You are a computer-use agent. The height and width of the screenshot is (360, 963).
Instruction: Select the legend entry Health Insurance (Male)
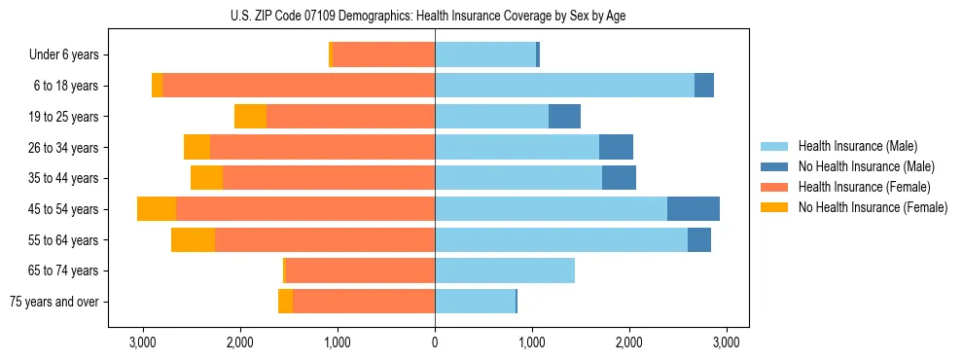tap(857, 146)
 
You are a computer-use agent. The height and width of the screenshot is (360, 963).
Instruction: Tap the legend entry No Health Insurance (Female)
tap(873, 207)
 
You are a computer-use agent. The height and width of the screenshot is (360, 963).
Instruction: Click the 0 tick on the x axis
tap(435, 342)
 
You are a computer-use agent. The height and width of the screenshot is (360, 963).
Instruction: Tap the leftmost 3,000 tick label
tap(143, 342)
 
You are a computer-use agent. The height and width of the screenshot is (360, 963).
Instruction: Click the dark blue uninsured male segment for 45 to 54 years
tap(694, 209)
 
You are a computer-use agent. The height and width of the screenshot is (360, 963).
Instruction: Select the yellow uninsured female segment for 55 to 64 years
tap(193, 240)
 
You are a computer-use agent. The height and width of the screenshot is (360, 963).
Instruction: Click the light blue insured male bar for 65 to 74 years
tap(505, 270)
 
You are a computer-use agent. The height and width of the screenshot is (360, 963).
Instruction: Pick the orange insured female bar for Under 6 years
tap(383, 55)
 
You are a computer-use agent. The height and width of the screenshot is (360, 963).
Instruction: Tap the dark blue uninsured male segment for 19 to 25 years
tap(564, 117)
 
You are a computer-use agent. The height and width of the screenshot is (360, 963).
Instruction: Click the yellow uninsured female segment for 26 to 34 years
tap(196, 148)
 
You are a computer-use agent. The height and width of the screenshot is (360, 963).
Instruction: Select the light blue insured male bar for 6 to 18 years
tap(564, 86)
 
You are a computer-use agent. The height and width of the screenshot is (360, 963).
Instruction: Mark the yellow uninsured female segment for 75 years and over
tap(285, 302)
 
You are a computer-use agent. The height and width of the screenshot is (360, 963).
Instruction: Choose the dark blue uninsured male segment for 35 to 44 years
tap(619, 178)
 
